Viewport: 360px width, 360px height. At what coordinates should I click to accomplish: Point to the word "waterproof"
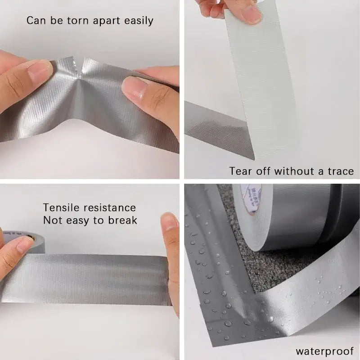[x=324, y=351]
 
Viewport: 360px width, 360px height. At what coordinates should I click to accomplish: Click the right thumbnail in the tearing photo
[x=134, y=85]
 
